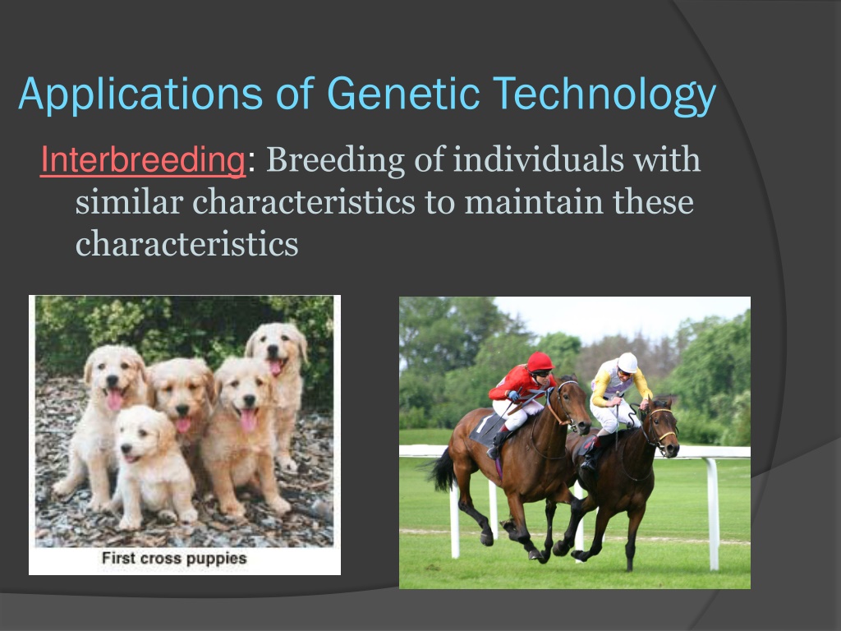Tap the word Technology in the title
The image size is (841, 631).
[x=604, y=96]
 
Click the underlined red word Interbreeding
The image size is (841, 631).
[x=143, y=160]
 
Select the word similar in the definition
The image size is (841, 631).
[x=129, y=202]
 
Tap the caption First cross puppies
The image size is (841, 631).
[x=174, y=558]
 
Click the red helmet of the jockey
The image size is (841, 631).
[x=540, y=362]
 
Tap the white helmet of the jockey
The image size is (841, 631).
[x=627, y=362]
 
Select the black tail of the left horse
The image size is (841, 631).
[x=443, y=470]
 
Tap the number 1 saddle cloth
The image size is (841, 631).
[x=487, y=428]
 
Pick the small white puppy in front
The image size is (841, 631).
[x=153, y=466]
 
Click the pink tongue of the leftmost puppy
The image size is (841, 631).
[x=115, y=400]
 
